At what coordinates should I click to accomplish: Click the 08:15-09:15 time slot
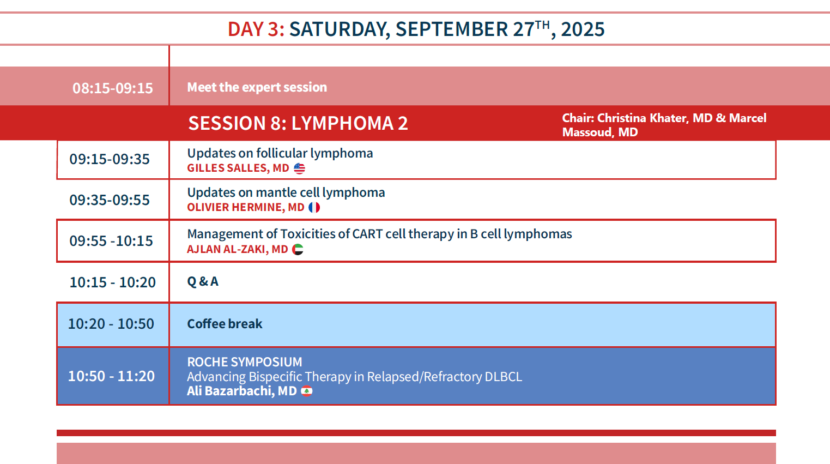[113, 88]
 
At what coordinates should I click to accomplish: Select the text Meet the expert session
[257, 87]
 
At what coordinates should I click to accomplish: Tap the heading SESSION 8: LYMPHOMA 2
[298, 123]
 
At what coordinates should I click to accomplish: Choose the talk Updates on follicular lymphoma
[280, 153]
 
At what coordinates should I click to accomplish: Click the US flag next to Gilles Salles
[299, 168]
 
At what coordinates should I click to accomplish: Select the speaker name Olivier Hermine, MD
[246, 207]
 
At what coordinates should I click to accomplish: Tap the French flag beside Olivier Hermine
[314, 208]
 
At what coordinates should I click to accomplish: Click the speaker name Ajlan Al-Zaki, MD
[238, 249]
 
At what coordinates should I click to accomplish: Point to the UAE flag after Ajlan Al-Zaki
[298, 249]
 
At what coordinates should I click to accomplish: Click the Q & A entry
[203, 282]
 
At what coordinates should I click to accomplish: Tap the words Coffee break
[225, 324]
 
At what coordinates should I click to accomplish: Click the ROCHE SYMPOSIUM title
[245, 361]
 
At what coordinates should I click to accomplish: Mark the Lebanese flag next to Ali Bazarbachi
[307, 391]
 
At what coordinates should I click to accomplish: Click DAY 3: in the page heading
[256, 29]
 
